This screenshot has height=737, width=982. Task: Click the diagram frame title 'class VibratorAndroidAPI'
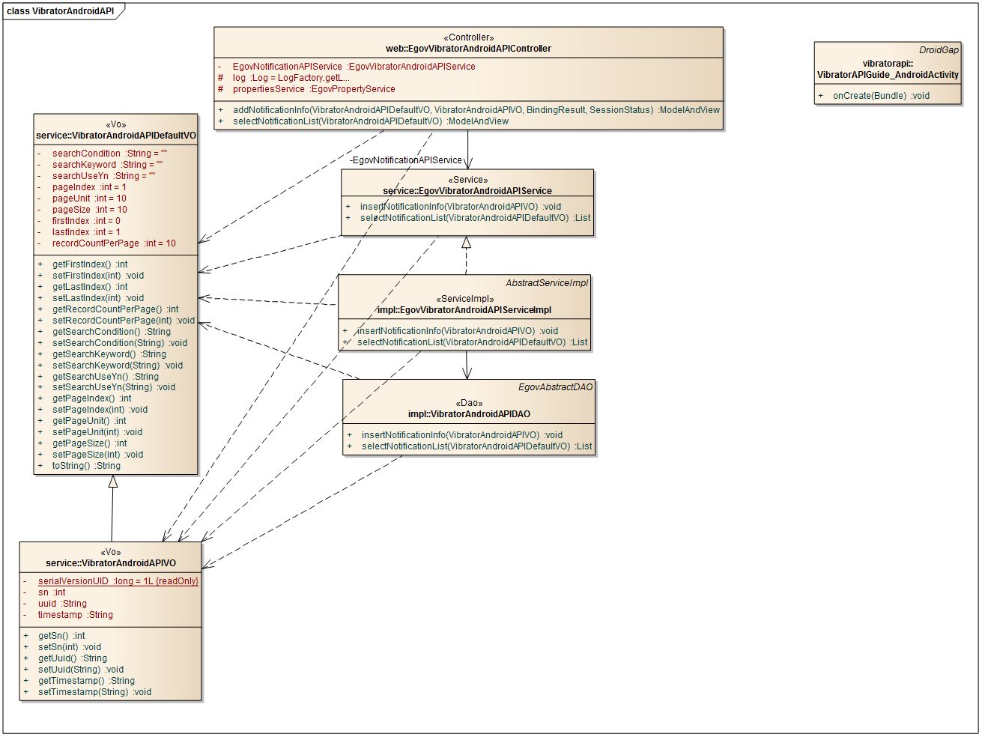[61, 11]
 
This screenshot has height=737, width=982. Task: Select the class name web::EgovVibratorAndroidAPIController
[468, 49]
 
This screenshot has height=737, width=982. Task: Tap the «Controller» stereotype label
[468, 37]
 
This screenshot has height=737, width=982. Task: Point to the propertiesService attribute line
[313, 89]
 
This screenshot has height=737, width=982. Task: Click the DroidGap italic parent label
[939, 50]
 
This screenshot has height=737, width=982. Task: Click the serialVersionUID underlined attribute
[118, 581]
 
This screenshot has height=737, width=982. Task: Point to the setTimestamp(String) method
[94, 692]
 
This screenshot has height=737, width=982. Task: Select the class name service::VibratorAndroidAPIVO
[111, 563]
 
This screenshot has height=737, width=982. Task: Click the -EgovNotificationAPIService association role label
[406, 160]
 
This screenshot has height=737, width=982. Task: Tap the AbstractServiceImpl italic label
[547, 283]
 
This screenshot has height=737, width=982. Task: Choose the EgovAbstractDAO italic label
[555, 387]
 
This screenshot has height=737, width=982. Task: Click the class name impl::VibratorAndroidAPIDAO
[469, 414]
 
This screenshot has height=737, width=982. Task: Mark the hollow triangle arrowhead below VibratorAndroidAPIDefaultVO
[113, 482]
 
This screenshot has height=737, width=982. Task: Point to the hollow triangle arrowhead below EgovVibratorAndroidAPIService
[467, 243]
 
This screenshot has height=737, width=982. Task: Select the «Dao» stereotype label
[469, 403]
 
